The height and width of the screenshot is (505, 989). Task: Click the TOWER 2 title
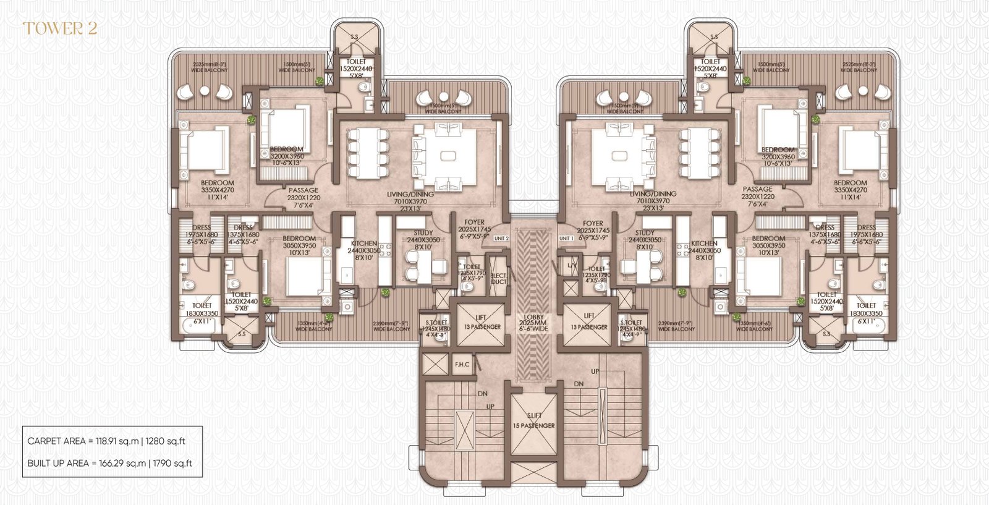[60, 28]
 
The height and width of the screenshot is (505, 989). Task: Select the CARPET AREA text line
[106, 441]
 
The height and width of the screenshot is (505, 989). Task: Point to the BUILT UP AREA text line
[110, 463]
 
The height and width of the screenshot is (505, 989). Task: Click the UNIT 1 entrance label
[566, 238]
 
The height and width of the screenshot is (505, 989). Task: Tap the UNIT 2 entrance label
[501, 238]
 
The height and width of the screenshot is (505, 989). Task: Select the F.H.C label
[462, 365]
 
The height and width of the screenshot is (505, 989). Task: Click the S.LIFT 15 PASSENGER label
[533, 421]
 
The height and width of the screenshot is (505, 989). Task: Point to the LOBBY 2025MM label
[533, 323]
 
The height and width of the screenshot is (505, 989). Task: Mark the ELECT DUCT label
[498, 279]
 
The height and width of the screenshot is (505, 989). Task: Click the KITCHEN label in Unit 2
[363, 247]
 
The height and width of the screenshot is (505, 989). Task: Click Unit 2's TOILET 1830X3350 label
[202, 309]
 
